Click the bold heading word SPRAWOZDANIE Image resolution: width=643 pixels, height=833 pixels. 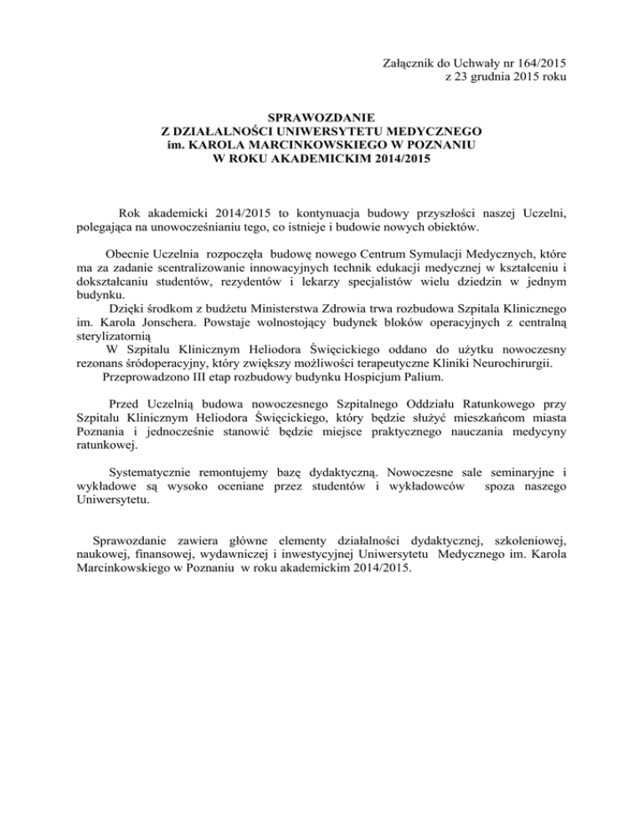(x=321, y=117)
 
